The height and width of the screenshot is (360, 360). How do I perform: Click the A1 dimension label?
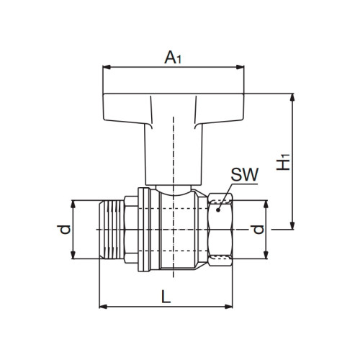[173, 56]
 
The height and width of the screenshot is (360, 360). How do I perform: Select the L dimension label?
[166, 295]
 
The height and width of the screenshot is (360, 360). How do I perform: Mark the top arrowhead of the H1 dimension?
[292, 96]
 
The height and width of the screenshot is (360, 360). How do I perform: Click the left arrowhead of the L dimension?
[102, 307]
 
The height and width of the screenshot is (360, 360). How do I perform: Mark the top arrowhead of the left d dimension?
[75, 202]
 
